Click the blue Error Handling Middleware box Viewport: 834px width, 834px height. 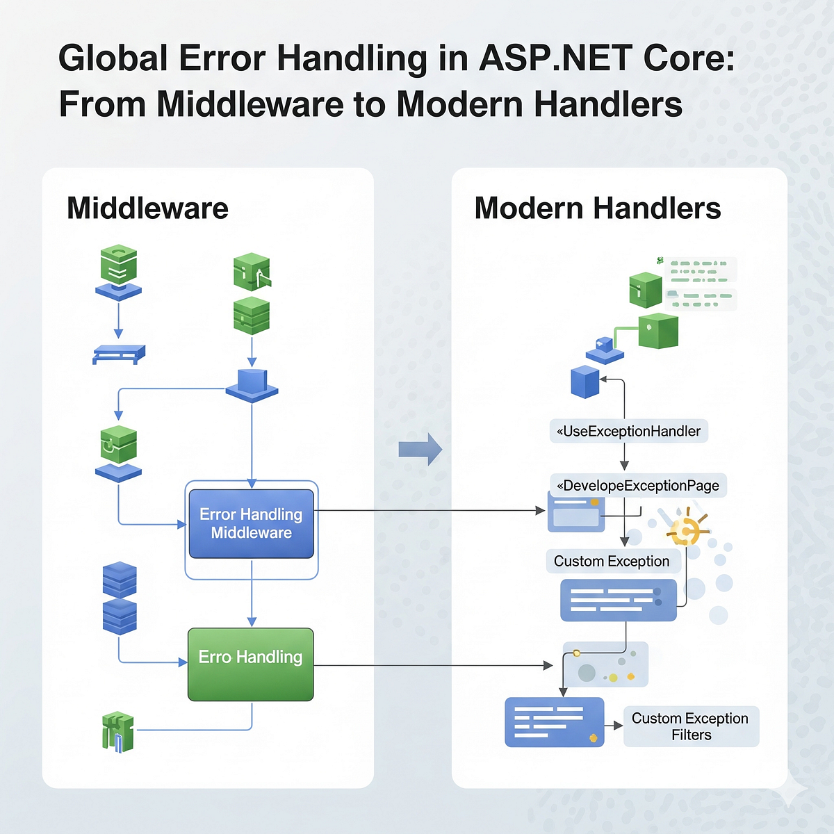click(x=251, y=523)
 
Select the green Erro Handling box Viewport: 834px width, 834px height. click(x=251, y=664)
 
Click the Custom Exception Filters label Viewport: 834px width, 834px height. click(x=691, y=726)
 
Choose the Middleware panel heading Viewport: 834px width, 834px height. click(x=147, y=208)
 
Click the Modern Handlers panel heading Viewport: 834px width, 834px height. click(x=598, y=208)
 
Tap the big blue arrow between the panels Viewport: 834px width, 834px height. click(x=420, y=449)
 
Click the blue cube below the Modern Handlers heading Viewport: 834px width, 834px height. click(x=584, y=382)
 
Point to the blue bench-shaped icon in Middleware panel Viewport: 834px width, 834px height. click(x=119, y=354)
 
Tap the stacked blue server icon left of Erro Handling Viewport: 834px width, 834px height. click(x=120, y=598)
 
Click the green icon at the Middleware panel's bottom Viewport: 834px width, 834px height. click(x=117, y=731)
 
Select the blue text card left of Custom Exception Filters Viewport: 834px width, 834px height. click(x=554, y=722)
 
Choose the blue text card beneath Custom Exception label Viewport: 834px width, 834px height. click(x=618, y=600)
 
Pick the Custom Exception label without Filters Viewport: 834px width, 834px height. click(x=612, y=561)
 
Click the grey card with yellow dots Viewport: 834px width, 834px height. click(x=605, y=664)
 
